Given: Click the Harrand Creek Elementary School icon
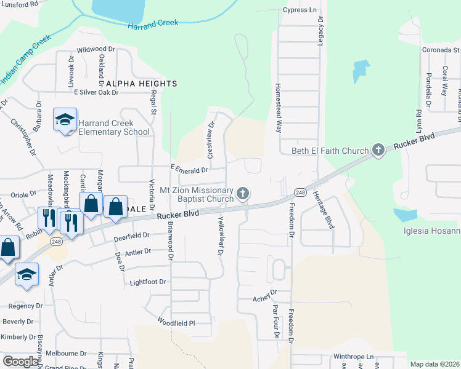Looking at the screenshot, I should coord(64,121).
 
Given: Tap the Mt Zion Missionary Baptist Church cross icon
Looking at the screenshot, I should coord(243,194).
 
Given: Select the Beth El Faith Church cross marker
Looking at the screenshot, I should coord(378,149).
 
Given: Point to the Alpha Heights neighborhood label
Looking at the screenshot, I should coord(141,83).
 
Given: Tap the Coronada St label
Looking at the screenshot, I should coord(441,50).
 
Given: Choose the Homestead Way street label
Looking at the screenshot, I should coord(279,108).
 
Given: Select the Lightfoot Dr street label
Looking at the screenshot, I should coord(149,282).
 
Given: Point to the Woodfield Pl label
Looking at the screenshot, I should coord(176,322).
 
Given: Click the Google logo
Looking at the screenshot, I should coord(20,362).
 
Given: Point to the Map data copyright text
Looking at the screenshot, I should coord(434,364).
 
